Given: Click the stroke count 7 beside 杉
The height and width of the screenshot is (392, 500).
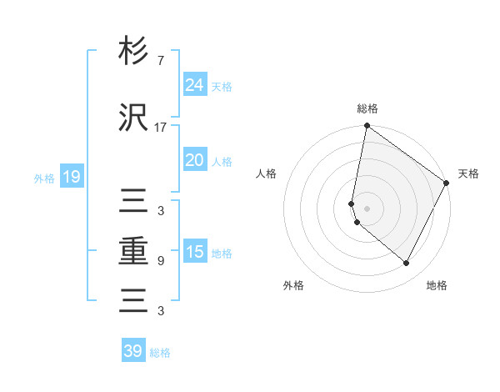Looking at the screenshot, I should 160,61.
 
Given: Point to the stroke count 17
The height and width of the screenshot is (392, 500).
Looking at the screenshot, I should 160,128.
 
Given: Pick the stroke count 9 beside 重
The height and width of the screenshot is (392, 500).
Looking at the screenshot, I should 160,261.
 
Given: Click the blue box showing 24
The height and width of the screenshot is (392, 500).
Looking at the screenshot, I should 194,85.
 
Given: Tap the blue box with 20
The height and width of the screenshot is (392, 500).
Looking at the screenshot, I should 194,160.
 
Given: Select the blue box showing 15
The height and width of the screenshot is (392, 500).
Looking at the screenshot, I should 194,252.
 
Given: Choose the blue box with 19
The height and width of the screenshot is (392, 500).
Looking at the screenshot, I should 71,177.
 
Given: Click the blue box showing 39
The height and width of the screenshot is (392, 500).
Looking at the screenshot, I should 133,351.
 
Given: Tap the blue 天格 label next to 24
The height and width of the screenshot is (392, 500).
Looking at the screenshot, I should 222,87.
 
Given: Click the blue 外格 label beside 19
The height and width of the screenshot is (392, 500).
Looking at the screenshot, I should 44,178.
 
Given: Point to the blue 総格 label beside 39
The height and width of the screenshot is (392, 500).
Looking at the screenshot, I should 160,353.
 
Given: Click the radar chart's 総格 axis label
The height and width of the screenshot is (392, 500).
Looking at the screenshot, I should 367,108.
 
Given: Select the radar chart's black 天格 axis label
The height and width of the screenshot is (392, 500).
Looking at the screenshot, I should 468,173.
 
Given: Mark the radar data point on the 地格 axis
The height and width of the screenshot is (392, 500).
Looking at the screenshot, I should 407,264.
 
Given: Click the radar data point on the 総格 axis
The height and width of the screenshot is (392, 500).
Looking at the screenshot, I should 367,126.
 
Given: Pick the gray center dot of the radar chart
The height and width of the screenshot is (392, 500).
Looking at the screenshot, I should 367,209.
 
